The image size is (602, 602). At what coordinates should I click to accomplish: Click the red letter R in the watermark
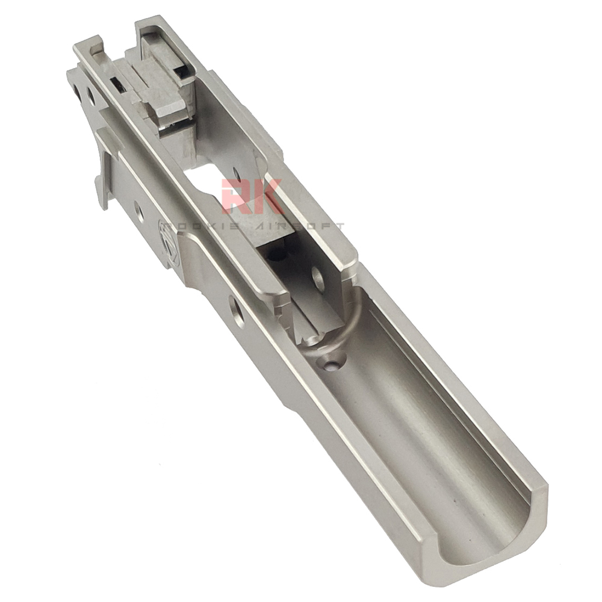235,197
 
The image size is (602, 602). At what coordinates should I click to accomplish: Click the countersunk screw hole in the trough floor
330,363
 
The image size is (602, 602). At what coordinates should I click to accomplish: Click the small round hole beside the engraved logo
139,211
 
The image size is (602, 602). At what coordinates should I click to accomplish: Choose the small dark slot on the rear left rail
118,87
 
